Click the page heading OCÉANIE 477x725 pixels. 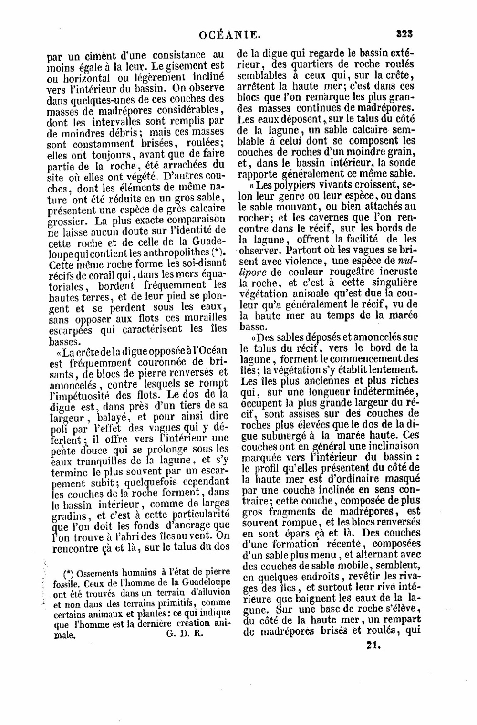[230, 34]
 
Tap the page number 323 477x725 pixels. [404, 34]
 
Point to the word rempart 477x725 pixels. [400, 619]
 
